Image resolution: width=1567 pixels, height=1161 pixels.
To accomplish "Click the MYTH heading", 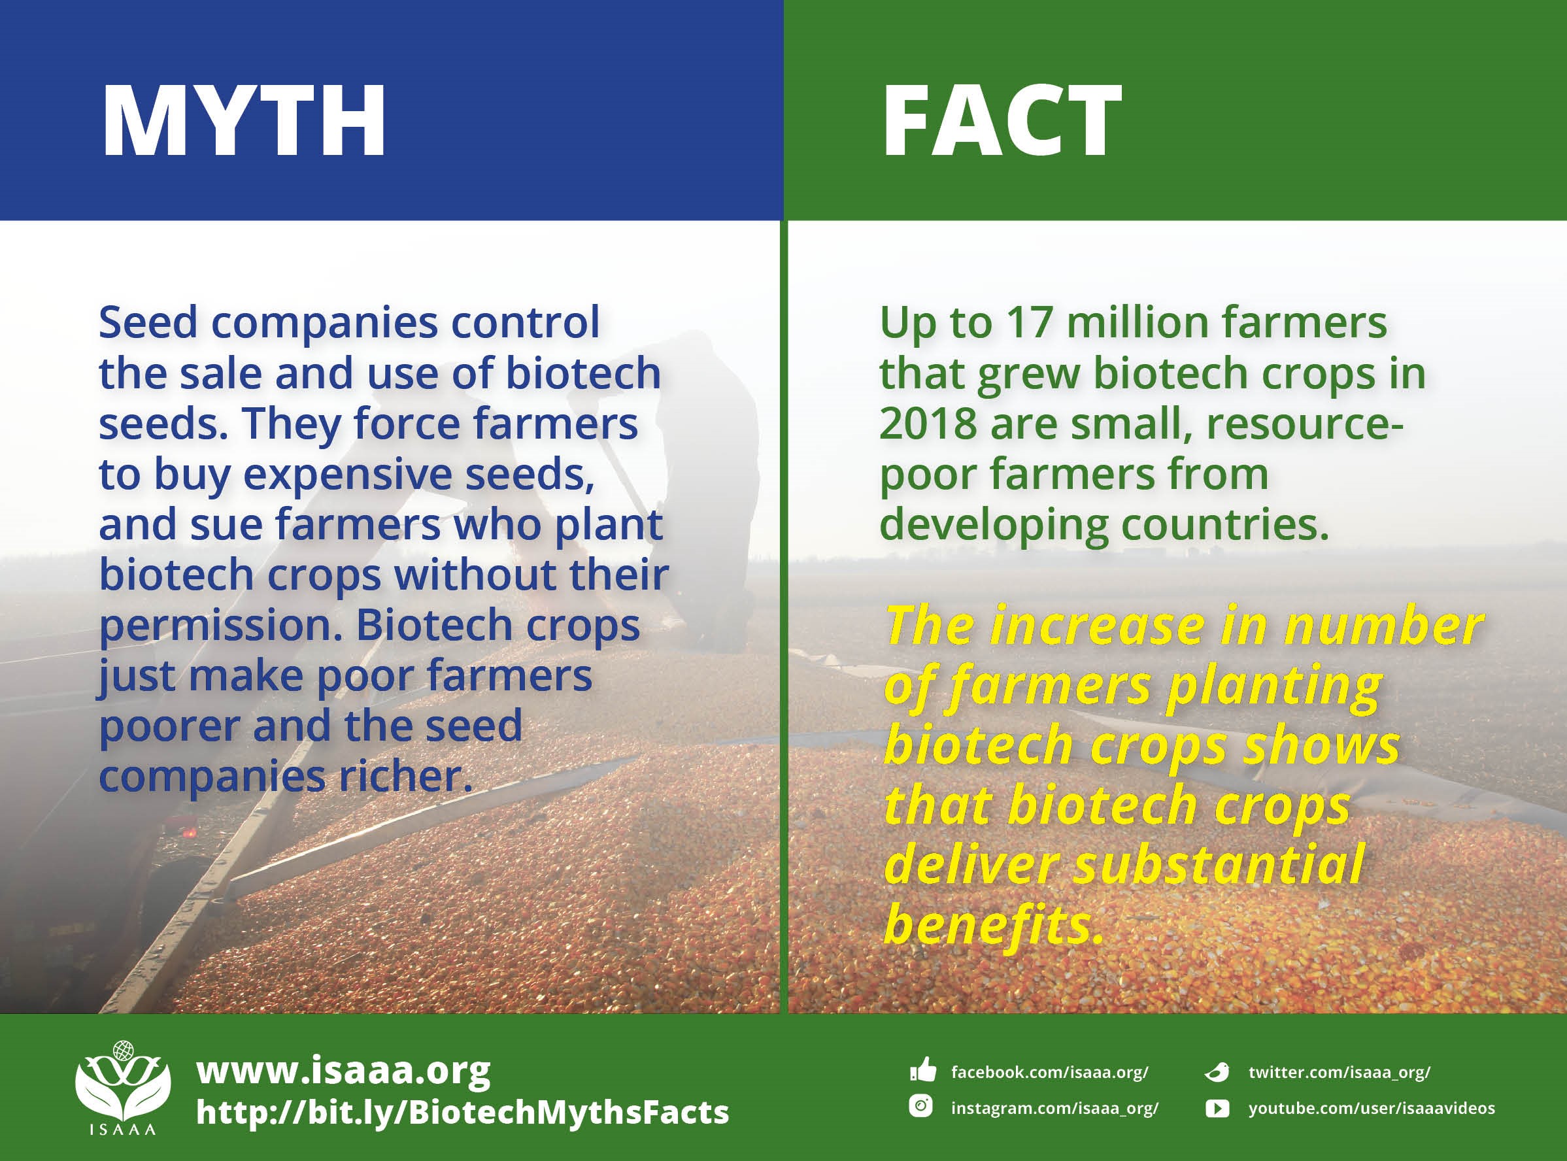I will [244, 121].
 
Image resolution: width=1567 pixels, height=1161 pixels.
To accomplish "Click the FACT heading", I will [1002, 121].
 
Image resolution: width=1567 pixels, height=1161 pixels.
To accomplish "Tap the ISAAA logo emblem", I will [122, 1082].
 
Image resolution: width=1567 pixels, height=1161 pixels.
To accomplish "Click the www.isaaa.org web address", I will [343, 1071].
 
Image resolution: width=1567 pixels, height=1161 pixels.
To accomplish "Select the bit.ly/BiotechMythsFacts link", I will [462, 1113].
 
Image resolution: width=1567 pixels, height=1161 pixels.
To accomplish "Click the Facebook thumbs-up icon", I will [922, 1071].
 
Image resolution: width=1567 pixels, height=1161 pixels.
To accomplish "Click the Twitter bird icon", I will [1217, 1071].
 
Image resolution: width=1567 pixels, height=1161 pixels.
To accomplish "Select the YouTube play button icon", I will [1217, 1108].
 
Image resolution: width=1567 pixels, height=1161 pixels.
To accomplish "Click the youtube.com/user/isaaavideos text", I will [1372, 1108].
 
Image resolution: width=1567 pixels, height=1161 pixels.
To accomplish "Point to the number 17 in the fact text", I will [1029, 322].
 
